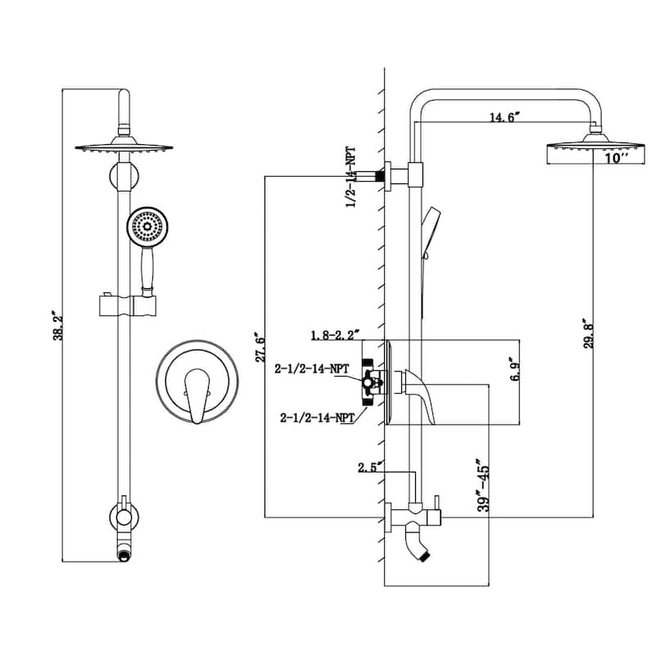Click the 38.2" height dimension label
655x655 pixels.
(58, 325)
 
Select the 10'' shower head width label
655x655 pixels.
(617, 158)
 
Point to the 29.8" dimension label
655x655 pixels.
(589, 333)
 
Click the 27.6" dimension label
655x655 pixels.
(260, 347)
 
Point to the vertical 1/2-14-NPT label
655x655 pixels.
(351, 177)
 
